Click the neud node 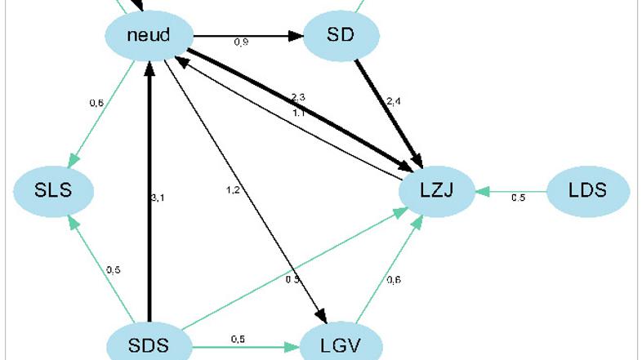[x=149, y=36]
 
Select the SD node [x=342, y=36]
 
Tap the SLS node [x=54, y=191]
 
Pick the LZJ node [x=437, y=191]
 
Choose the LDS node [x=587, y=191]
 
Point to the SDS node [x=149, y=344]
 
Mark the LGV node [x=342, y=344]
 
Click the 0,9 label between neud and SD [x=241, y=42]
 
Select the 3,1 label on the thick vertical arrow [x=158, y=198]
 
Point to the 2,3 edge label [x=297, y=96]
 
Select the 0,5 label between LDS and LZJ [x=519, y=198]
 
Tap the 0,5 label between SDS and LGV [x=239, y=338]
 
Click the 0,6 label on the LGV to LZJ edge [x=394, y=280]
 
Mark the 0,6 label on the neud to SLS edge [x=96, y=103]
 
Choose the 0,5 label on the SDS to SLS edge [x=113, y=269]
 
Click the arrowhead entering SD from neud [x=296, y=36]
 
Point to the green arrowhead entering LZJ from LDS [x=484, y=191]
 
